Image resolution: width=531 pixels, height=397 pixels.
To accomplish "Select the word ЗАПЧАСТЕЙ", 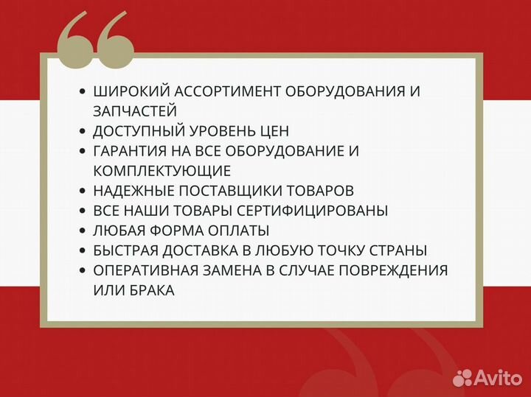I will pyautogui.click(x=135, y=111).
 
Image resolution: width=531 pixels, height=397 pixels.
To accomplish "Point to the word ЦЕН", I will pyautogui.click(x=274, y=131).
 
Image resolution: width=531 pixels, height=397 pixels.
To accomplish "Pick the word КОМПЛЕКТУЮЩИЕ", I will pyautogui.click(x=162, y=171).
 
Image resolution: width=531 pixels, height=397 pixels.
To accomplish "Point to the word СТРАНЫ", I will pyautogui.click(x=400, y=250).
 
